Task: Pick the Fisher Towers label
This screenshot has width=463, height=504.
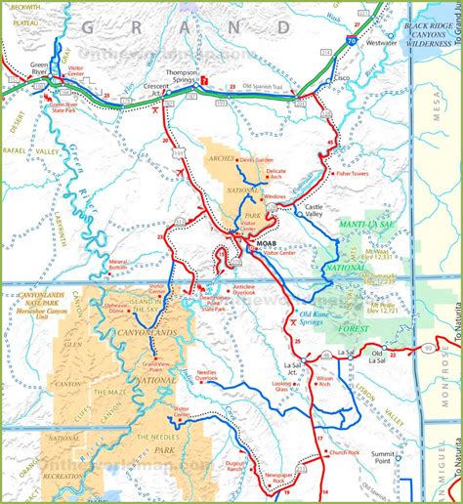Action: click(x=359, y=174)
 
